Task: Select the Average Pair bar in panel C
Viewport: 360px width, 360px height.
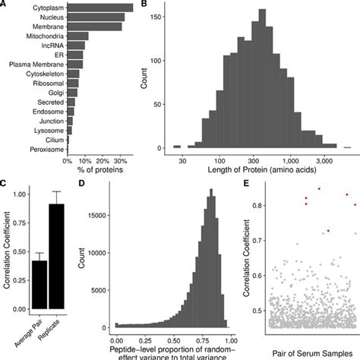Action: tap(39, 285)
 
